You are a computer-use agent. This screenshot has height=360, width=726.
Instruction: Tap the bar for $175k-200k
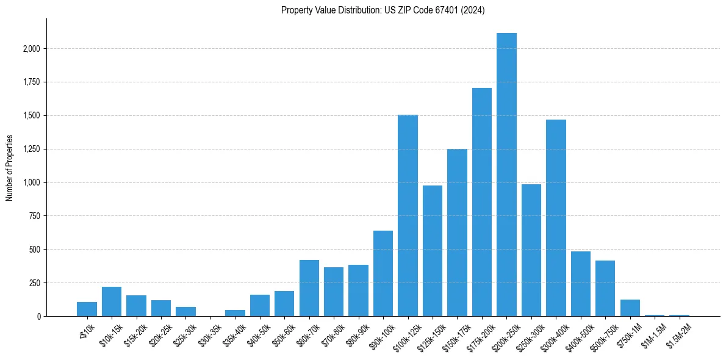click(x=482, y=202)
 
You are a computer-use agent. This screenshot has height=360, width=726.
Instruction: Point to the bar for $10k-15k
click(x=112, y=301)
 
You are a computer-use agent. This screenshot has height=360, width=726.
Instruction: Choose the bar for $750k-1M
click(x=630, y=308)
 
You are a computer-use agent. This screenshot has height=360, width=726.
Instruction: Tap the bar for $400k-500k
click(x=581, y=284)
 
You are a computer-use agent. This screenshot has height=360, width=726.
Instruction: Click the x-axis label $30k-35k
click(x=209, y=334)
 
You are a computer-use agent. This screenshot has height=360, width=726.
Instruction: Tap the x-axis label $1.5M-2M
click(x=678, y=334)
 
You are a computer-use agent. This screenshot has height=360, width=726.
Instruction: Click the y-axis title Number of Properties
click(x=10, y=168)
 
